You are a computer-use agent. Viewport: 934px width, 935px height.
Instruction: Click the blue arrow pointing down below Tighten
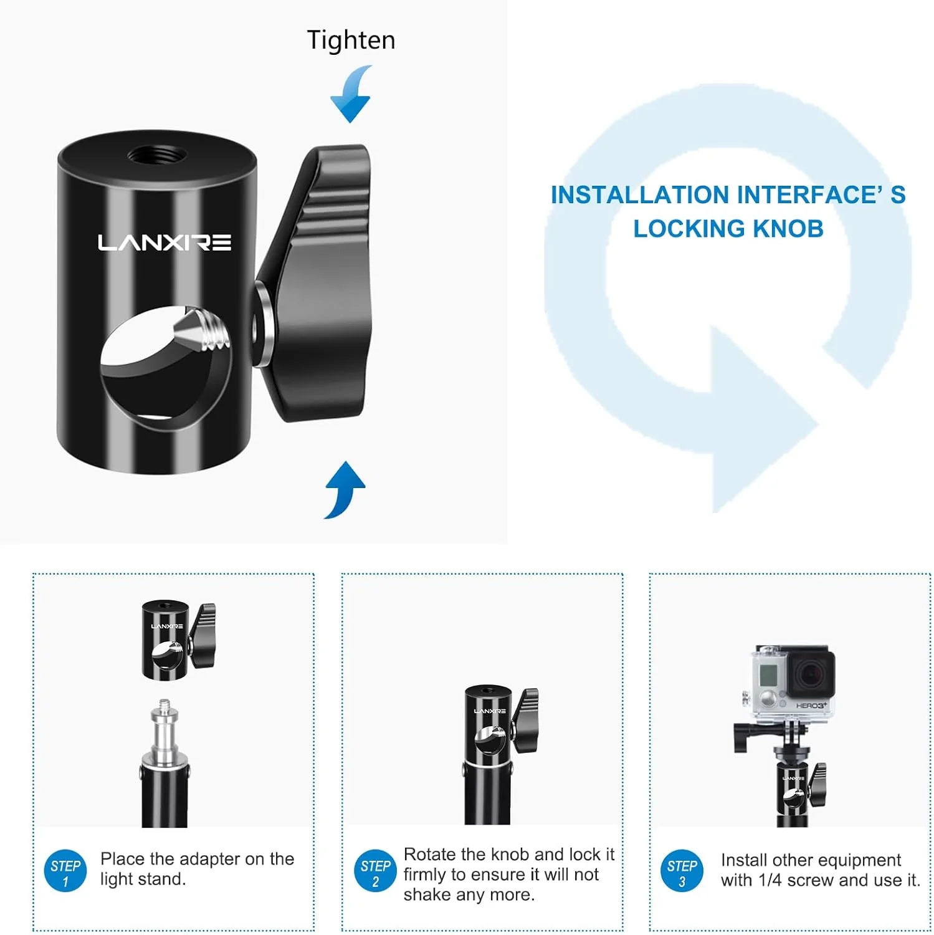[x=351, y=94]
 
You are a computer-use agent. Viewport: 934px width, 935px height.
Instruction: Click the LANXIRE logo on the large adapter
[x=164, y=242]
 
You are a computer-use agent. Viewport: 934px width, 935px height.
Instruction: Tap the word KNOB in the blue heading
[x=788, y=229]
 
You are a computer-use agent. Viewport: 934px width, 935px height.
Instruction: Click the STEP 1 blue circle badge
[x=65, y=871]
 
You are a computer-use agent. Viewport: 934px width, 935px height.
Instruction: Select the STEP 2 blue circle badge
[x=375, y=871]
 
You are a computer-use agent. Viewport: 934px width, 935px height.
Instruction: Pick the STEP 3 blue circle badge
[x=682, y=871]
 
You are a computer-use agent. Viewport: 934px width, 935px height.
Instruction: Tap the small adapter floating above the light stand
[x=178, y=640]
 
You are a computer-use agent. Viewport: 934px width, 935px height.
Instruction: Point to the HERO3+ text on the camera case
[x=811, y=705]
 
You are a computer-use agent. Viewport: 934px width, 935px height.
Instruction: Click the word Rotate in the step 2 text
[x=430, y=854]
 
